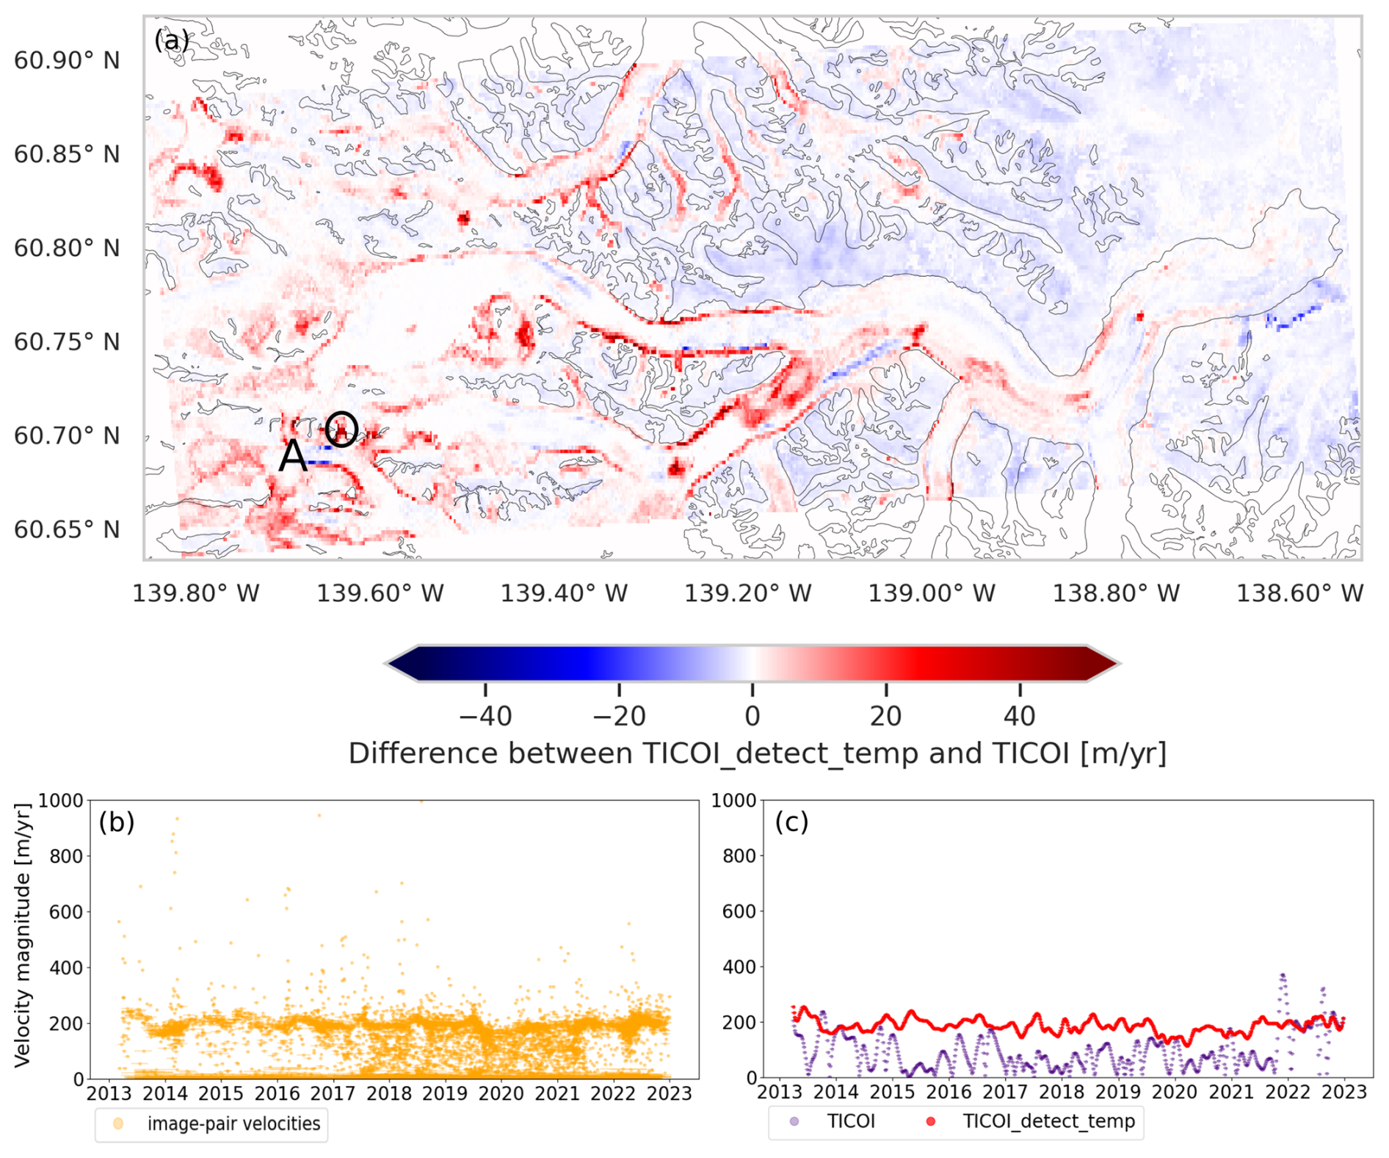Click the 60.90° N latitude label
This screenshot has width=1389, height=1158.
67,60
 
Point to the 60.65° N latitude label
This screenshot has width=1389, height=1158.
67,529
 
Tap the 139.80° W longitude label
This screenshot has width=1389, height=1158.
195,593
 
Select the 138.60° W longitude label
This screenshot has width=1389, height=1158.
1299,593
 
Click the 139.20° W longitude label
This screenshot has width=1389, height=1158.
748,593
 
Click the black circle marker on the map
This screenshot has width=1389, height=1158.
341,428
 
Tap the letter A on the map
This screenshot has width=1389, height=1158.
293,456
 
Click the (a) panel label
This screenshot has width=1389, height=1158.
172,41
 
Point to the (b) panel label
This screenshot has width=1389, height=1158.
117,822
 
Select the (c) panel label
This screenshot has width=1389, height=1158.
791,822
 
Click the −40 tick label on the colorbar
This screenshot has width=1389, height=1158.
485,716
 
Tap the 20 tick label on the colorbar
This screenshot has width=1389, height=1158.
886,716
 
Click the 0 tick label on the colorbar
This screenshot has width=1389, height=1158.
752,716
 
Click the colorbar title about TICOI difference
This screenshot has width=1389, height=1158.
757,754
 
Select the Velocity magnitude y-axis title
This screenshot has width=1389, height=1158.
23,936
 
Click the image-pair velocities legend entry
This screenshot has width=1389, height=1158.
233,1124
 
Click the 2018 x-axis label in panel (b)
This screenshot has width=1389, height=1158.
389,1094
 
